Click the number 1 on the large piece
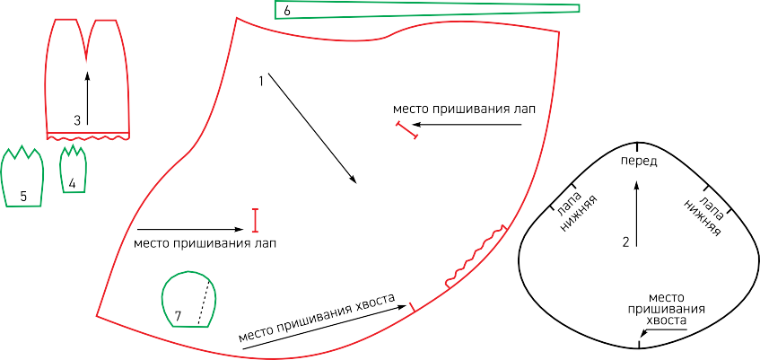pos(261,81)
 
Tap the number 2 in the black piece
pos(625,242)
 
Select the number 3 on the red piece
pos(77,121)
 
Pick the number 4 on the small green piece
pos(72,183)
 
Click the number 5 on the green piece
pos(23,196)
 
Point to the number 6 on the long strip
pos(287,11)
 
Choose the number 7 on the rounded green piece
pos(178,316)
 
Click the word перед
pos(639,162)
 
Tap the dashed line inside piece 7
pos(204,302)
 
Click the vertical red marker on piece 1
pos(256,220)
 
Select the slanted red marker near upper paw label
pos(407,131)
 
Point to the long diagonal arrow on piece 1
pos(312,128)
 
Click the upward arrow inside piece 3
pos(87,98)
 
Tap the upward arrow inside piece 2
pos(637,215)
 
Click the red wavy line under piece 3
pos(88,138)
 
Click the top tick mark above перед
pos(637,146)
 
